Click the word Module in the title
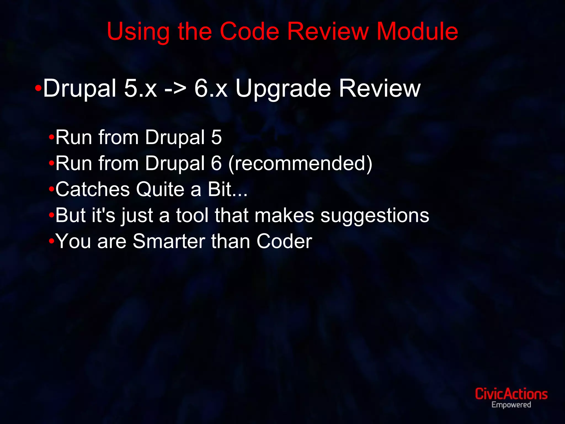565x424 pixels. pos(417,31)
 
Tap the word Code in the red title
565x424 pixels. pos(249,31)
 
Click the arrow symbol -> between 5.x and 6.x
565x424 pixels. pos(175,89)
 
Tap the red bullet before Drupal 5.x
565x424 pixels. pos(38,89)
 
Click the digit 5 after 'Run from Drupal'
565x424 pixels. pos(217,137)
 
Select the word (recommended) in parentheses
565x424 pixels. pos(300,164)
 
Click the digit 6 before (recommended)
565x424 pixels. pos(217,163)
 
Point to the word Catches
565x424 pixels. pos(92,189)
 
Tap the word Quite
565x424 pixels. pos(160,189)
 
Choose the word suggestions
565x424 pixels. pos(375,216)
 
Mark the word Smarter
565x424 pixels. pos(169,241)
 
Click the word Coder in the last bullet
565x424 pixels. pos(284,241)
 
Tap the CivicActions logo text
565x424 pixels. pos(511,394)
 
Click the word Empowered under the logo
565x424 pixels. pos(511,405)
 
